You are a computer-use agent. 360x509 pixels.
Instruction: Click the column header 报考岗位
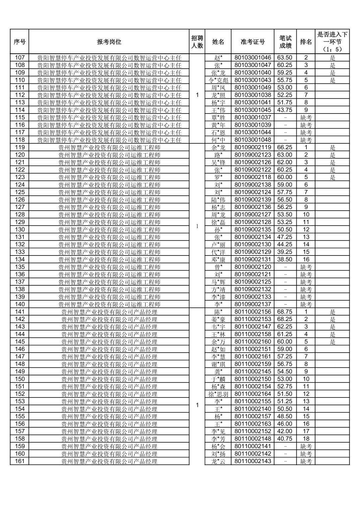109,42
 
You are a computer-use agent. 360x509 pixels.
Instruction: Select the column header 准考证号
252,42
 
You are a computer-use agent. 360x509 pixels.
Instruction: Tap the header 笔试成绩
285,42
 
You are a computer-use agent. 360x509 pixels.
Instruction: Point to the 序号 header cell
19,42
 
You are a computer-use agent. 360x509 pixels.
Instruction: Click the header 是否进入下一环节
332,42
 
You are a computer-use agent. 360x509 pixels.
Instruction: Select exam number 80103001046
252,58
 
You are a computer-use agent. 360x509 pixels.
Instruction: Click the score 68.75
285,312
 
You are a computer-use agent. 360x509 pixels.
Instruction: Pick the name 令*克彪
218,80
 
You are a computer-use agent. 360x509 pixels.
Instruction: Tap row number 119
20,147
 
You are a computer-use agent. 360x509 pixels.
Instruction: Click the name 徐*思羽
218,394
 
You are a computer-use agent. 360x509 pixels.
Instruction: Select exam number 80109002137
252,304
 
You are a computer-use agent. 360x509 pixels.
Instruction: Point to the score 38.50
285,259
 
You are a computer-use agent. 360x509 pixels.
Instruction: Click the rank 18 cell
306,439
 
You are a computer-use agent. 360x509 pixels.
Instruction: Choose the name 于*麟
218,379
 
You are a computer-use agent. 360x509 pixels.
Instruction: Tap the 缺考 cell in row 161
306,461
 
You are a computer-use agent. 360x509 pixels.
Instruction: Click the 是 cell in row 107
332,58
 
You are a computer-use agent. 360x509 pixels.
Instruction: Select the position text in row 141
109,312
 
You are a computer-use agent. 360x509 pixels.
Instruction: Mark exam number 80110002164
252,394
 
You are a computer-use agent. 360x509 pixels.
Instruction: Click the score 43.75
285,110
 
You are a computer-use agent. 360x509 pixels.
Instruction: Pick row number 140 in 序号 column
20,304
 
